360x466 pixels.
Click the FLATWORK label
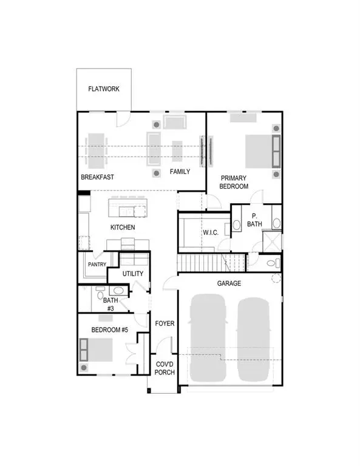[104, 89]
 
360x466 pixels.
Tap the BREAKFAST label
[98, 177]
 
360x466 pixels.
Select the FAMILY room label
[180, 172]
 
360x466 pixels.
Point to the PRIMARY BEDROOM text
[234, 182]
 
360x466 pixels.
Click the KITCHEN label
[122, 228]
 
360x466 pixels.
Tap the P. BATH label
[254, 221]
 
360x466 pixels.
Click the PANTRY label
[97, 265]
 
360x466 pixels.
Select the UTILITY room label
[133, 274]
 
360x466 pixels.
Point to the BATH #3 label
[110, 304]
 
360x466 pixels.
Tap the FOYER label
[165, 323]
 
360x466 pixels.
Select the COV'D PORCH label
[165, 368]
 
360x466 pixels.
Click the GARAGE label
[229, 283]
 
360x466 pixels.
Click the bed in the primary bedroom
[262, 151]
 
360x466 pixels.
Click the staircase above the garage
[200, 263]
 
